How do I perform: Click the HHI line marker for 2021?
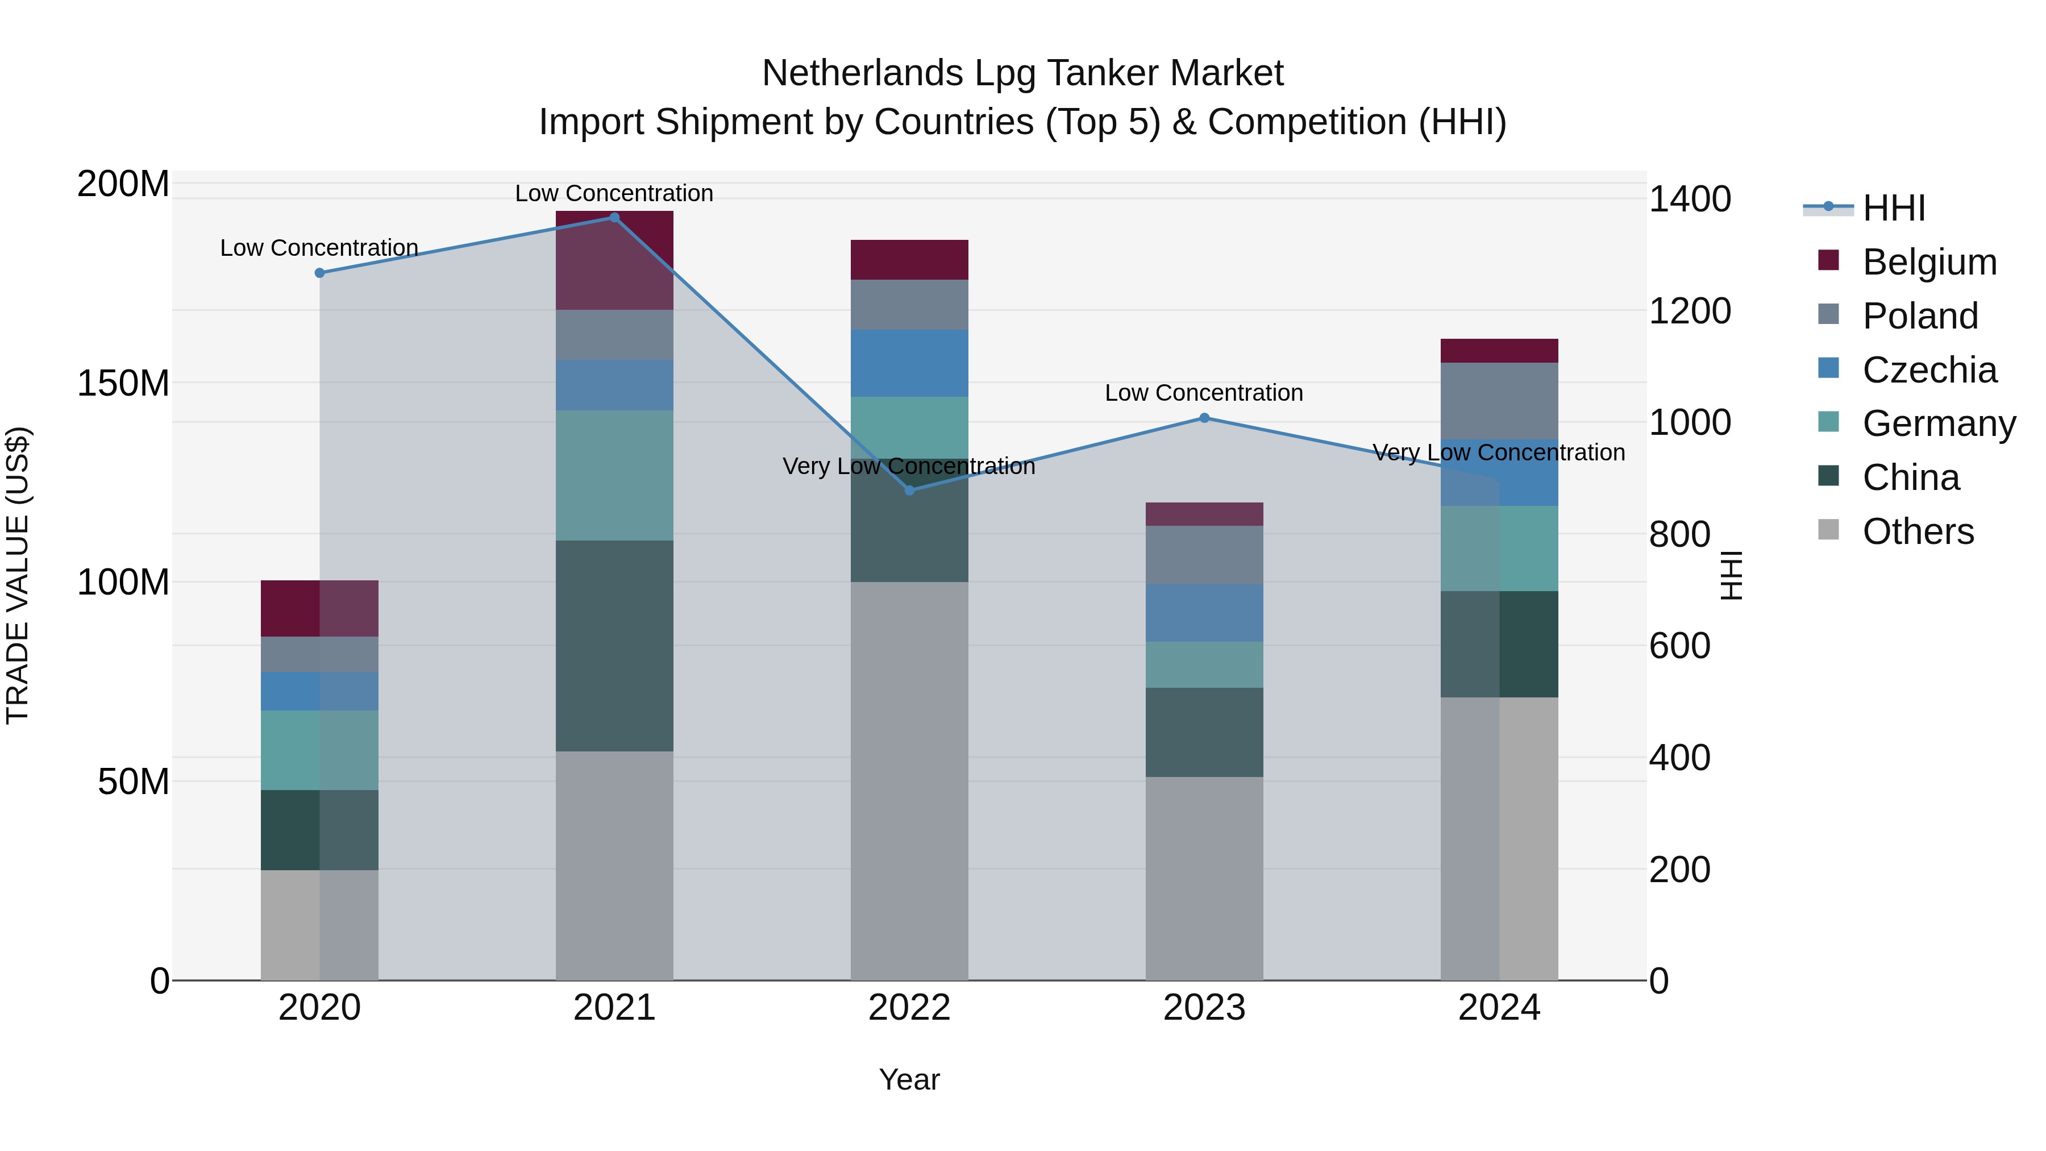614,218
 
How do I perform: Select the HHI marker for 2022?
909,490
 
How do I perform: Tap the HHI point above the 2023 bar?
1204,418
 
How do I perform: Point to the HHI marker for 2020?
319,272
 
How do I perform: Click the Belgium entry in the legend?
1928,262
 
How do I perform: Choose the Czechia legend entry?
1928,370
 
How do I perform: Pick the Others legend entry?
1918,531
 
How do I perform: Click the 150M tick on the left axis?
123,383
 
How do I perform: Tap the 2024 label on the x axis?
1499,1008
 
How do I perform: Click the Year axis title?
909,1079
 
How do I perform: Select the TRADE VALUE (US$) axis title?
18,575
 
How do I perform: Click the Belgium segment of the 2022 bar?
909,259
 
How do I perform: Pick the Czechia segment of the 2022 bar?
909,363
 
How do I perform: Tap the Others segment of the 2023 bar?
1204,878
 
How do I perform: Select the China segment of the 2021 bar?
614,645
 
